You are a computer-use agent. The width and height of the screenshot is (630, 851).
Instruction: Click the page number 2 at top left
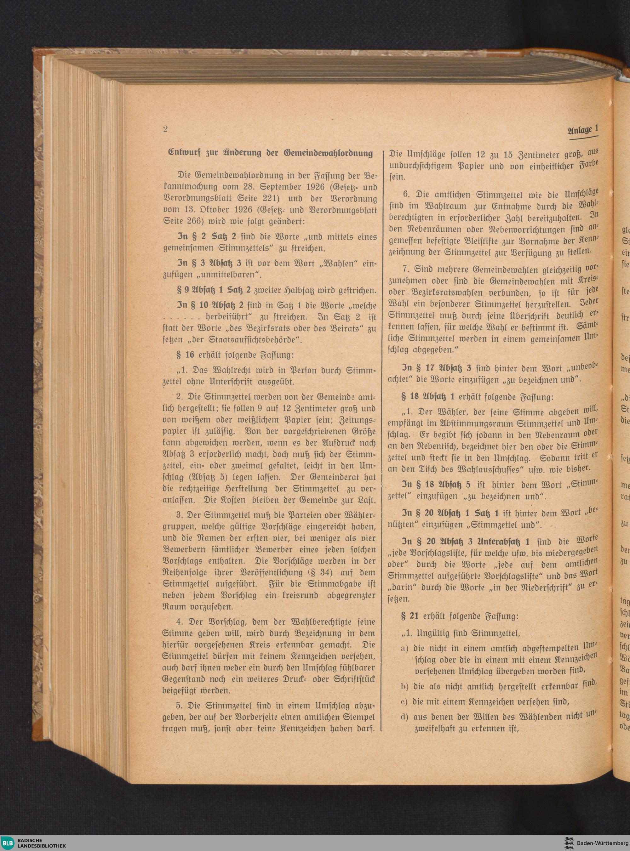click(165, 129)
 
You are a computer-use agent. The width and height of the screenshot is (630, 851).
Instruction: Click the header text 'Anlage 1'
click(582, 130)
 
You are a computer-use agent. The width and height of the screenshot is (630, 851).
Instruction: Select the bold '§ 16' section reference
click(185, 355)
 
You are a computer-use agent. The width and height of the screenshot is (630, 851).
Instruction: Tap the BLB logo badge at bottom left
click(9, 842)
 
